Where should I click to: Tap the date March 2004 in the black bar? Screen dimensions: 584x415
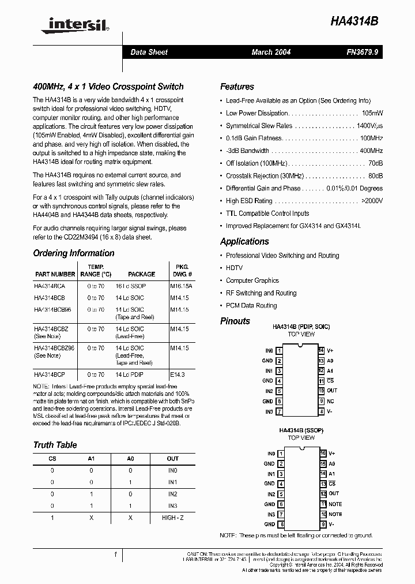tap(271, 52)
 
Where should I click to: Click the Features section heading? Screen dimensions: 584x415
tap(237, 87)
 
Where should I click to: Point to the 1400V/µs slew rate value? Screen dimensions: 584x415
tap(369, 126)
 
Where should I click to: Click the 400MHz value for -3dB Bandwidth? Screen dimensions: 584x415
tap(371, 151)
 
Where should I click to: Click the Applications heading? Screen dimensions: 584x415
tap(244, 241)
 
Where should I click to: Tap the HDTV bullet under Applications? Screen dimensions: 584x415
tap(234, 268)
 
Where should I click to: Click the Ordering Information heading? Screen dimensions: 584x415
tap(74, 253)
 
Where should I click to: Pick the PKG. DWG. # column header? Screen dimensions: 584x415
tap(182, 271)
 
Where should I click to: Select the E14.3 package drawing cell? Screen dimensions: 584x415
tap(179, 375)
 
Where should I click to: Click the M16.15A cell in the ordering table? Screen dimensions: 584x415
tap(182, 286)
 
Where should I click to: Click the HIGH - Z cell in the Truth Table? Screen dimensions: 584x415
tap(173, 518)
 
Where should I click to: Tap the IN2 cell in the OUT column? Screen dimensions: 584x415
tap(173, 494)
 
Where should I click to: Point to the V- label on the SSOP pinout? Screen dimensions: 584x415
tap(331, 524)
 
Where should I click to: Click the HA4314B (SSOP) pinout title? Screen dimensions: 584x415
tap(301, 430)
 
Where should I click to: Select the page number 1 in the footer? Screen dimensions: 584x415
tap(116, 555)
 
